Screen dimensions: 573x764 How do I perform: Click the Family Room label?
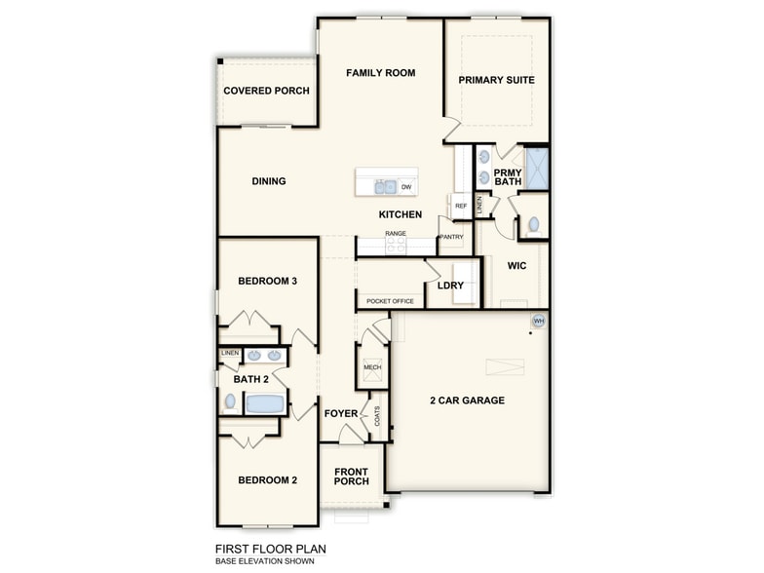pos(380,73)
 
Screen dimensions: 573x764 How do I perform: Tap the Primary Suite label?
pos(496,80)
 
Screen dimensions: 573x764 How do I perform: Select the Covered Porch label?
pos(266,91)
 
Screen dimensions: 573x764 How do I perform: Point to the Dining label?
pos(269,181)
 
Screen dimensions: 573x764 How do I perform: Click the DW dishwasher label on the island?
pos(406,186)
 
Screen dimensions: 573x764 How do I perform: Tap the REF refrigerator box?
pos(461,207)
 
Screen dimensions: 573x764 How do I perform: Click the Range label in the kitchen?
pos(395,234)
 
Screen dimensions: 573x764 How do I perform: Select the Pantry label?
pos(451,237)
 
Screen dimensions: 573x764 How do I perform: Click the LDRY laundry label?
pos(450,286)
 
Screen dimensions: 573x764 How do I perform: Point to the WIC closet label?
pos(516,265)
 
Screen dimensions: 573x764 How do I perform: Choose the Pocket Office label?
pos(390,301)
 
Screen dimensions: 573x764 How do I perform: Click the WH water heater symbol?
pos(538,321)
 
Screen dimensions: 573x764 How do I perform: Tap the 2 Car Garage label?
pos(467,401)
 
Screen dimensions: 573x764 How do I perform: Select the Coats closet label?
pos(377,415)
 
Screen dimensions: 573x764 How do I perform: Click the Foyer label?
pos(341,413)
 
